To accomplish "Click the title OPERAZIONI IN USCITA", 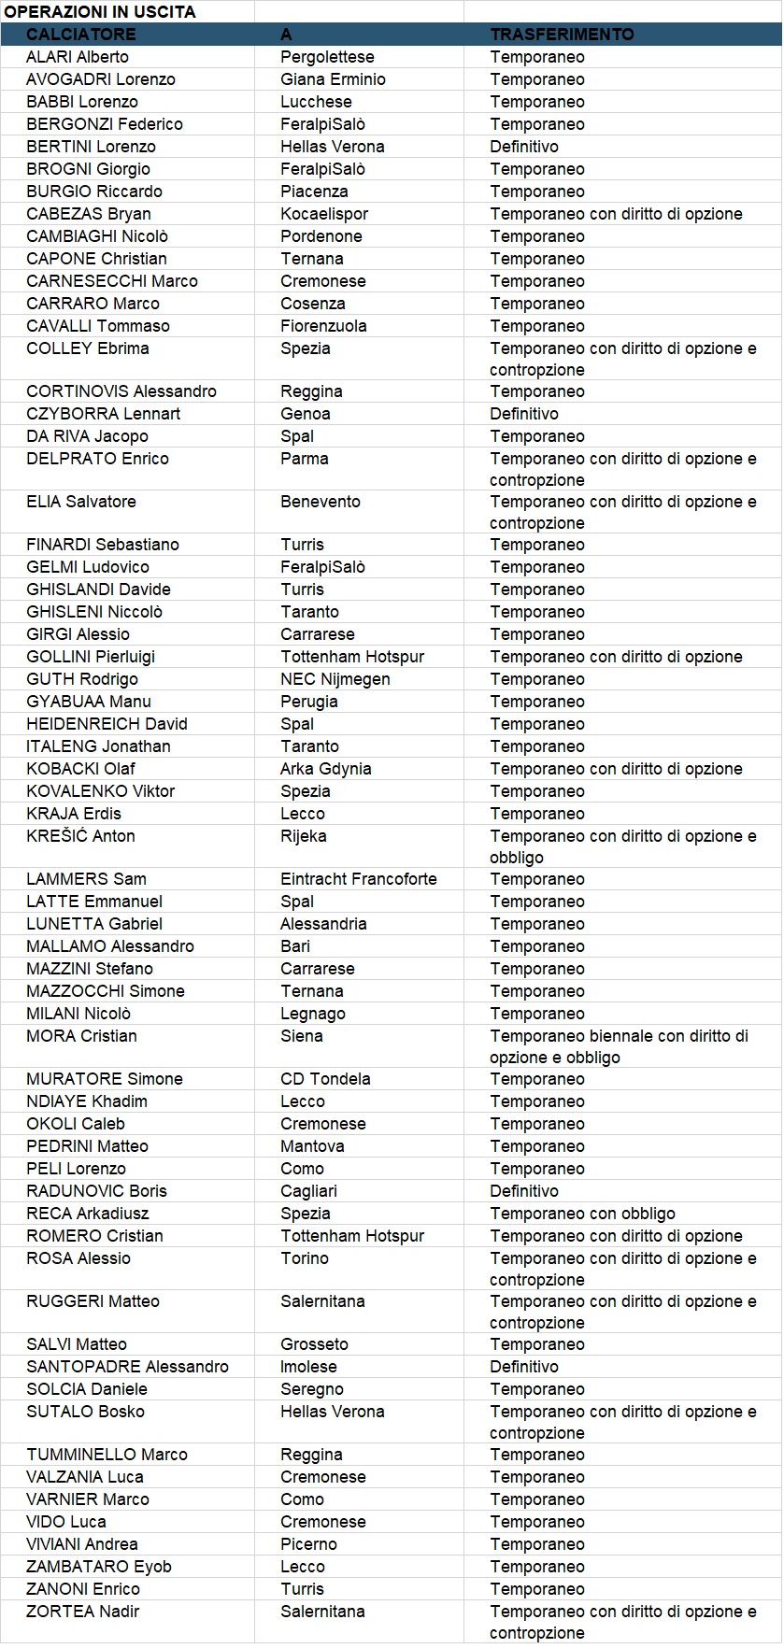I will (x=100, y=12).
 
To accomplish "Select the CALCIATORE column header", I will (x=80, y=35).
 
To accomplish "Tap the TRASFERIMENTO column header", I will (x=562, y=35).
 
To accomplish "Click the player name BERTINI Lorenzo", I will (x=91, y=147).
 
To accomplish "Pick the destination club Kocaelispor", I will (x=324, y=214).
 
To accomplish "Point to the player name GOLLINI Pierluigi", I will (x=91, y=657).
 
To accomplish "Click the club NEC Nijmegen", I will (x=335, y=679).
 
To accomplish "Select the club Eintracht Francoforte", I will (x=358, y=879).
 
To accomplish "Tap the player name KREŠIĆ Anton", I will (x=80, y=836).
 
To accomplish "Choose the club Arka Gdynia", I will (x=325, y=769).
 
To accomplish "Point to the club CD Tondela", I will (x=325, y=1079).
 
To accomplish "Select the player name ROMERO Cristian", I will (x=94, y=1236).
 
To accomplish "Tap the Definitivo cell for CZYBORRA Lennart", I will (x=524, y=414).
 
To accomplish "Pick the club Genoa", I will (x=305, y=414).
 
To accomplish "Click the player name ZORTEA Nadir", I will (x=83, y=1612).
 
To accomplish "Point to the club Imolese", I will (x=307, y=1367).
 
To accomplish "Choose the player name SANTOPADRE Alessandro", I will (x=127, y=1367).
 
